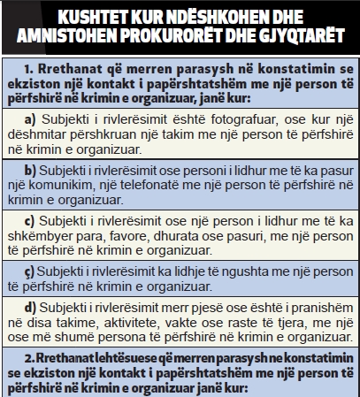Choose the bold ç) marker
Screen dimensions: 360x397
point(31,271)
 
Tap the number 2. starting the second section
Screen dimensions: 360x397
point(30,359)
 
